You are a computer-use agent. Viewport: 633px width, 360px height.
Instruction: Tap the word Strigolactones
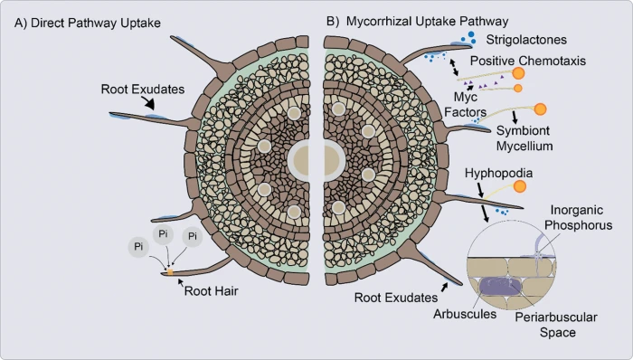533,41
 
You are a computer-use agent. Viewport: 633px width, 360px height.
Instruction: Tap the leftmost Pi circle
138,246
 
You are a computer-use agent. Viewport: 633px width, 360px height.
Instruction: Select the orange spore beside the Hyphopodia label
519,187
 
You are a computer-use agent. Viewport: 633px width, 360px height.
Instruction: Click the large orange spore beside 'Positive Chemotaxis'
519,75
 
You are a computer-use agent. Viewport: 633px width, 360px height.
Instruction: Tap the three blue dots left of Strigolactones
471,38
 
